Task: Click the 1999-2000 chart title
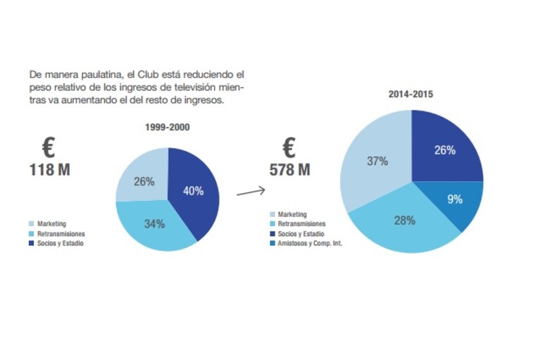point(168,127)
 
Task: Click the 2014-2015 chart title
point(410,94)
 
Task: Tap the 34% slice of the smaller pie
point(155,225)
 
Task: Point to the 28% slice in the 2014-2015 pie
point(405,222)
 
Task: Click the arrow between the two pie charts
point(251,192)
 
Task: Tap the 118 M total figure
point(49,170)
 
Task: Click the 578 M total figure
point(289,170)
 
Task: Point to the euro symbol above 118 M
point(49,147)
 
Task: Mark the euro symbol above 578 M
point(289,147)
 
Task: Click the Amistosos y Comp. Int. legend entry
point(306,243)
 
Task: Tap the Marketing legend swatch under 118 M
point(32,224)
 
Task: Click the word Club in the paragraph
point(148,75)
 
